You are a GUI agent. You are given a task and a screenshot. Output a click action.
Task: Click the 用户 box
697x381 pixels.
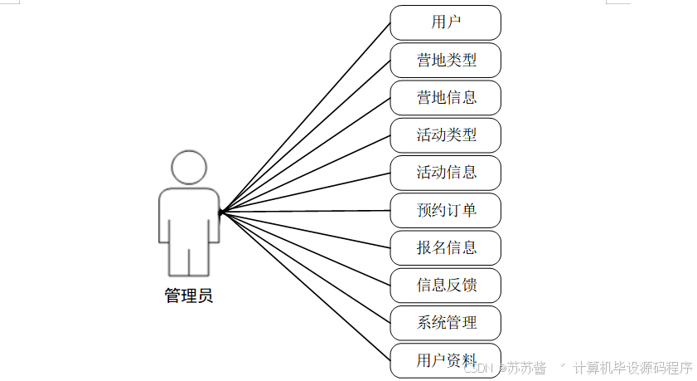(446, 22)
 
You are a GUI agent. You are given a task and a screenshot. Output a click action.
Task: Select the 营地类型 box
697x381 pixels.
(446, 60)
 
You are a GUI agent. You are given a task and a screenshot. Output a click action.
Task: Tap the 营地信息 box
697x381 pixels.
(446, 97)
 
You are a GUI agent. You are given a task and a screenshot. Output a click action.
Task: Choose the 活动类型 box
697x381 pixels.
(446, 134)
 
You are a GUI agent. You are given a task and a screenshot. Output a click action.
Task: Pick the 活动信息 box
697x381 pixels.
(446, 173)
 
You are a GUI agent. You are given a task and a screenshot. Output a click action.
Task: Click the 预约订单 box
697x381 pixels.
(446, 210)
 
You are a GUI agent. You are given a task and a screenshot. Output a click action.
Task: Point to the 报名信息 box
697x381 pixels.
(446, 247)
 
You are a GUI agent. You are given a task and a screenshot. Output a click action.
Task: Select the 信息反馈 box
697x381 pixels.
(446, 286)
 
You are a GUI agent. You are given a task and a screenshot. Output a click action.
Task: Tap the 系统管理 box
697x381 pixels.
(446, 323)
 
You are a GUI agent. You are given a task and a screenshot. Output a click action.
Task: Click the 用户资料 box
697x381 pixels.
(446, 360)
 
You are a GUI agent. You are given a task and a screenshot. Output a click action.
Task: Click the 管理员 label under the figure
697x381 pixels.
(189, 296)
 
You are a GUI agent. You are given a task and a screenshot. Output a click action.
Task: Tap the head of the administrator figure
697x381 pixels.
(189, 166)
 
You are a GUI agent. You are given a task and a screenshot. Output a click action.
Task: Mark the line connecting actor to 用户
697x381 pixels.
(307, 115)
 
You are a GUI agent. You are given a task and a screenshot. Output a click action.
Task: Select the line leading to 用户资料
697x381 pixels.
(307, 287)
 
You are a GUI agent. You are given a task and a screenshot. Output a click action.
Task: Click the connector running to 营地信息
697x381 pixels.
(307, 154)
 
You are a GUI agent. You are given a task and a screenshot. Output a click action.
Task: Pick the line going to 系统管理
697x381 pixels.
(307, 268)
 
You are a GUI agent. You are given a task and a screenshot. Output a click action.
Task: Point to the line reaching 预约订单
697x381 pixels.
(307, 211)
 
